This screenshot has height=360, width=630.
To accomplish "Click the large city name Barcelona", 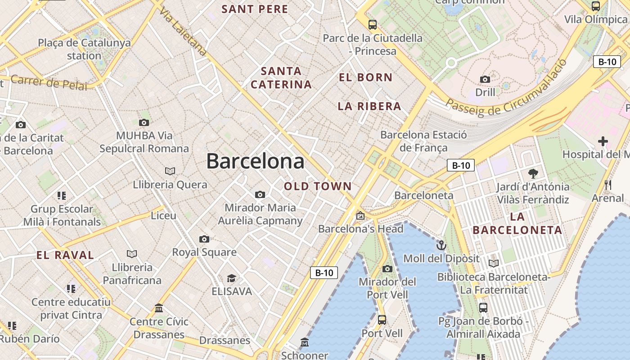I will point(255,161).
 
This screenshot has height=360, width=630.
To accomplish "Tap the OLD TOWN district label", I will point(318,186).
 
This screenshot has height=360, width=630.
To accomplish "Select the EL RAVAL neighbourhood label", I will point(65,255).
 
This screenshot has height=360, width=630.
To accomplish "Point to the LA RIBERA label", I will point(369,106).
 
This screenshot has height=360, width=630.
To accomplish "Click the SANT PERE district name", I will point(255,9).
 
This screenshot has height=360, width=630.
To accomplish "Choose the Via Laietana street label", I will point(183,33).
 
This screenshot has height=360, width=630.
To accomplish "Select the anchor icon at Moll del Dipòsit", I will point(441,246).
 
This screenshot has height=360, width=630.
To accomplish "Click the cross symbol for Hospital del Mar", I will point(603,142).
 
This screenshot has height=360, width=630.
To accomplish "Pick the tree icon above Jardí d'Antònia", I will point(533,173).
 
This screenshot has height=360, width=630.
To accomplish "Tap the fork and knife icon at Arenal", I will point(608,184).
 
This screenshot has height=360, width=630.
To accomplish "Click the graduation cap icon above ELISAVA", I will point(231,278).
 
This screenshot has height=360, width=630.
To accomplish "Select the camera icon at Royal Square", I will point(204,239).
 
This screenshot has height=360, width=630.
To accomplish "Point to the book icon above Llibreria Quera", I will point(170,171).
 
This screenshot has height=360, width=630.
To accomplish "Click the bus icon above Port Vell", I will point(382,320).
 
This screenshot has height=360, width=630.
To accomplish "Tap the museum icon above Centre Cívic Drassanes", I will point(159,308).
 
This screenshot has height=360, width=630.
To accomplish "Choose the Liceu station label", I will point(163,216).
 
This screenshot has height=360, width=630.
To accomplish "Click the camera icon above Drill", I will point(485,80).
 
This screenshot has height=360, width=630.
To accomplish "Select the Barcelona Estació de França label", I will point(423,141).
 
